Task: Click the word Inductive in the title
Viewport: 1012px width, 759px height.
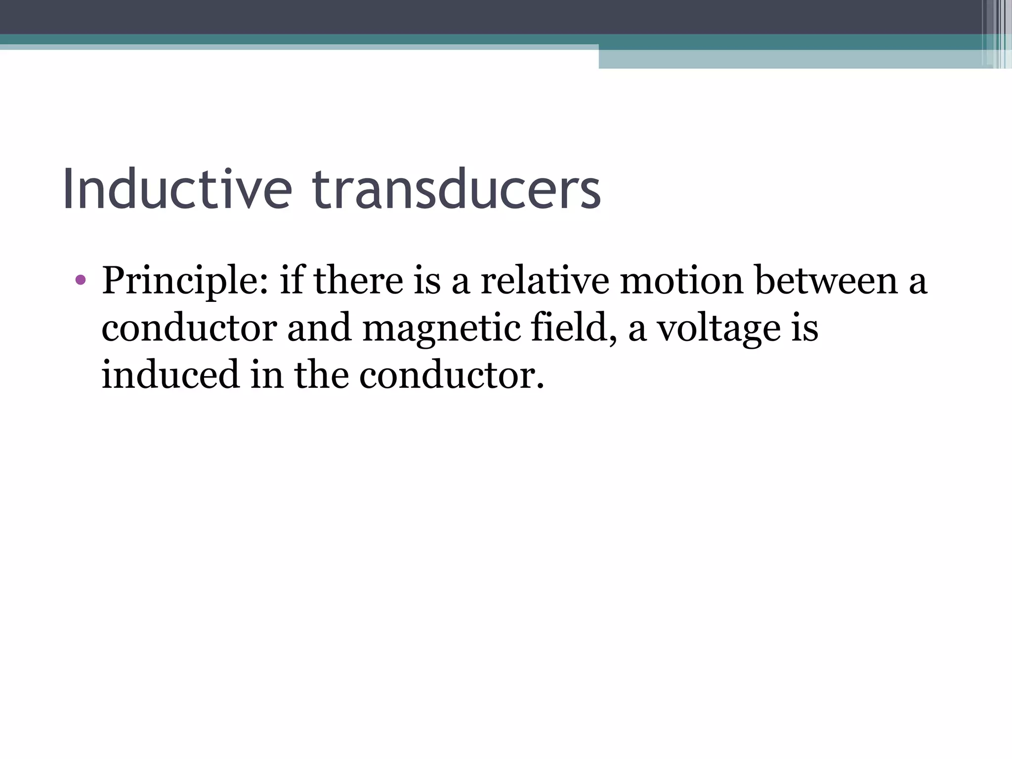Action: [x=177, y=190]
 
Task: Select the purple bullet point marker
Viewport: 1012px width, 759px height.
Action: [x=81, y=281]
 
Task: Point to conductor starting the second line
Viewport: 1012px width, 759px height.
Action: [x=189, y=328]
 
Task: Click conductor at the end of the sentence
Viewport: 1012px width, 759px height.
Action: [x=451, y=375]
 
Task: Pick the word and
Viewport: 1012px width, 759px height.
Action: [x=319, y=328]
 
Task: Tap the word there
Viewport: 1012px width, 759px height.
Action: [x=359, y=281]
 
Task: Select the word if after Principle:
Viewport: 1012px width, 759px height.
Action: [x=291, y=281]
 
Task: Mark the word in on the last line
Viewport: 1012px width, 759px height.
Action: [x=267, y=375]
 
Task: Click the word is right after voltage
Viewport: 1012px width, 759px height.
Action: [x=805, y=328]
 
